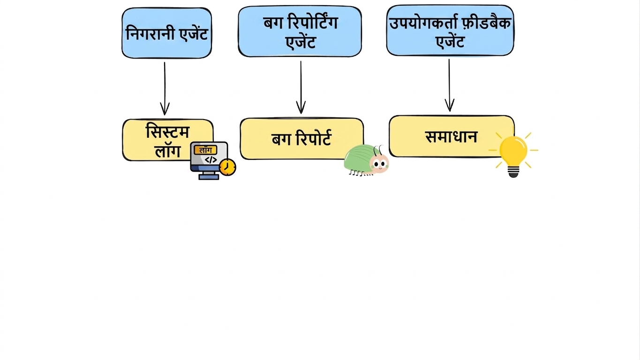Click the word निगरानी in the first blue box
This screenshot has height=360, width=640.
(151, 34)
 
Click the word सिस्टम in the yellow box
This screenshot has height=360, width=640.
(168, 131)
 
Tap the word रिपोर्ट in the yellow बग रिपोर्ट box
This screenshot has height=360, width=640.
(314, 139)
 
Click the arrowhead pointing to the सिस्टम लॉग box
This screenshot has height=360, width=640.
(165, 109)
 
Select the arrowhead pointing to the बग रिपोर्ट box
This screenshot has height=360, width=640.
(301, 107)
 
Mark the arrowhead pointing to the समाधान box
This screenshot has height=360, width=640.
(450, 105)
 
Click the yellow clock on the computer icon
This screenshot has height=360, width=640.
(228, 167)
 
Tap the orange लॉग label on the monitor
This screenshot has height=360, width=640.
(205, 150)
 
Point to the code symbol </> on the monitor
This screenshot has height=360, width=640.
(211, 160)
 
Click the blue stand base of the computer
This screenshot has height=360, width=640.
(209, 177)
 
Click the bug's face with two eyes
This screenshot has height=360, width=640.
(379, 164)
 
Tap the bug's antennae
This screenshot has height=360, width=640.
(378, 150)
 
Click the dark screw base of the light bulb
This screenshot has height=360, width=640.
(513, 172)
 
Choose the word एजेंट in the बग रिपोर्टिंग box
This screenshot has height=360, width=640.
(301, 42)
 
